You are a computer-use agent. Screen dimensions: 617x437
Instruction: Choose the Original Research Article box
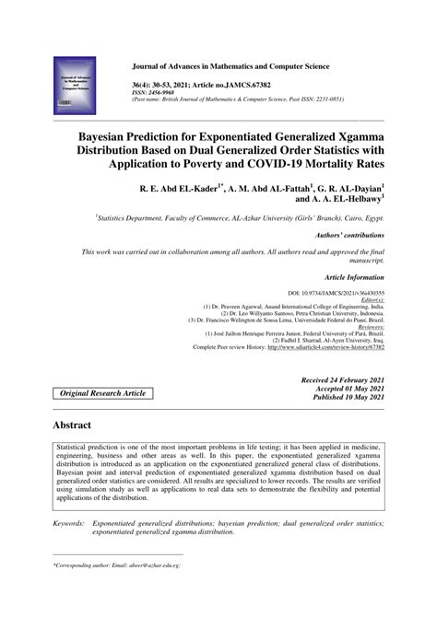pyautogui.click(x=102, y=393)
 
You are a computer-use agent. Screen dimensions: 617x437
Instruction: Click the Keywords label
pyautogui.click(x=69, y=522)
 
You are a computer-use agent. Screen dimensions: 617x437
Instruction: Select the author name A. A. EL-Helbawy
pyautogui.click(x=339, y=197)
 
